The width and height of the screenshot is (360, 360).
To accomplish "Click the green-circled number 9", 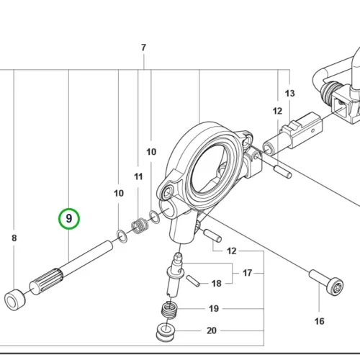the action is coord(69,219).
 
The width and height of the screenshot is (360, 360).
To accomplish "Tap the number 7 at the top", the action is coord(143,48).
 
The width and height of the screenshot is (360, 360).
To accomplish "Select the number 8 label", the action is coord(14,238).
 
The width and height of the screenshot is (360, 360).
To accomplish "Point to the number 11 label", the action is coord(138,176).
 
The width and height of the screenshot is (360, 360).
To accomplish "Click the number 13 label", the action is coord(290,94).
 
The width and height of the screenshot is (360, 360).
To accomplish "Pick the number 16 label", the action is coord(320,321).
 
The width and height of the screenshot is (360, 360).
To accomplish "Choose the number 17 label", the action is coord(247,273).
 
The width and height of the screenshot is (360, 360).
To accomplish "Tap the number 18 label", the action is coord(216,284).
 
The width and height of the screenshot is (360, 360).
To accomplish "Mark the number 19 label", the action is coord(214,309).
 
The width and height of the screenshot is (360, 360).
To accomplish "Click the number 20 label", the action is coord(212,330).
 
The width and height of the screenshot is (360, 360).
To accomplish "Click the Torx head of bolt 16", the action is coord(336,286).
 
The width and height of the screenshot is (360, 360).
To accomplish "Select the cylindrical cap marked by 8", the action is coord(14,300).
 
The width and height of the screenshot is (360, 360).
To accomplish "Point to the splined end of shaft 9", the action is coord(46,282).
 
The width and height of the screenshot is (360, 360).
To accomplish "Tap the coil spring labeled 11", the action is coord(140,226).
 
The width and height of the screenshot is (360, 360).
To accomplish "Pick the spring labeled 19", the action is coord(169,310).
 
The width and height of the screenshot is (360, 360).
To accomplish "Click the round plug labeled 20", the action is coord(166,333).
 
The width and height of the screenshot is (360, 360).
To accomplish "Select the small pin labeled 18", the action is coord(193,281).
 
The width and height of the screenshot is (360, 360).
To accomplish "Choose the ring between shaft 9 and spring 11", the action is coord(122,236).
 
